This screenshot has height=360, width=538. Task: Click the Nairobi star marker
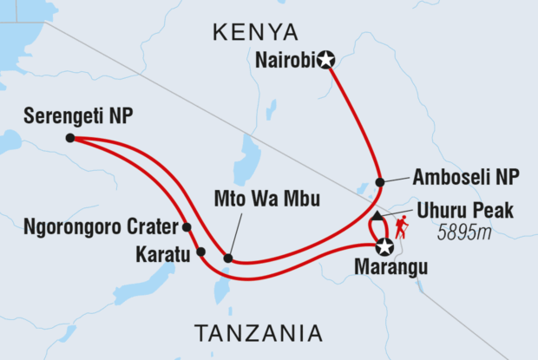(x=325, y=60)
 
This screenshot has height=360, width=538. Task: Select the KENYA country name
(x=256, y=32)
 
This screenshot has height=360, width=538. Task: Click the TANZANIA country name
(x=259, y=333)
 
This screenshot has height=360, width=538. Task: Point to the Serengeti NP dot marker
(x=69, y=137)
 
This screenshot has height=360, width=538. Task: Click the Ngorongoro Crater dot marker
(x=187, y=227)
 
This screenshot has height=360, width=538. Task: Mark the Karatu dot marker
(x=200, y=252)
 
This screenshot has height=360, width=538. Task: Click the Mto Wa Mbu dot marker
(x=227, y=258)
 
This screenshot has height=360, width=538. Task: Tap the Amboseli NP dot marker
(x=379, y=182)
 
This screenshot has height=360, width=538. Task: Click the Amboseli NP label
(x=464, y=178)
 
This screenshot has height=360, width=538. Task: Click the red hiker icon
(x=402, y=228)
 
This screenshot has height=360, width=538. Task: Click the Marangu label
(x=391, y=269)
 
